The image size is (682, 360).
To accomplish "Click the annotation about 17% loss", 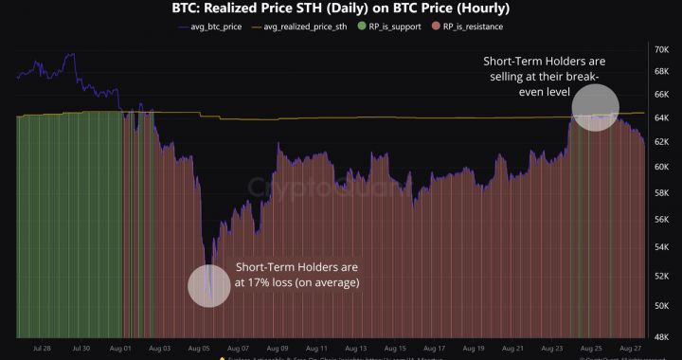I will pyautogui.click(x=296, y=275).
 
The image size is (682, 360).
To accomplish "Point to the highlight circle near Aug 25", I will pyautogui.click(x=596, y=107).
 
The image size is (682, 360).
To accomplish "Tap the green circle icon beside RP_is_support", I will pyautogui.click(x=362, y=27).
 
